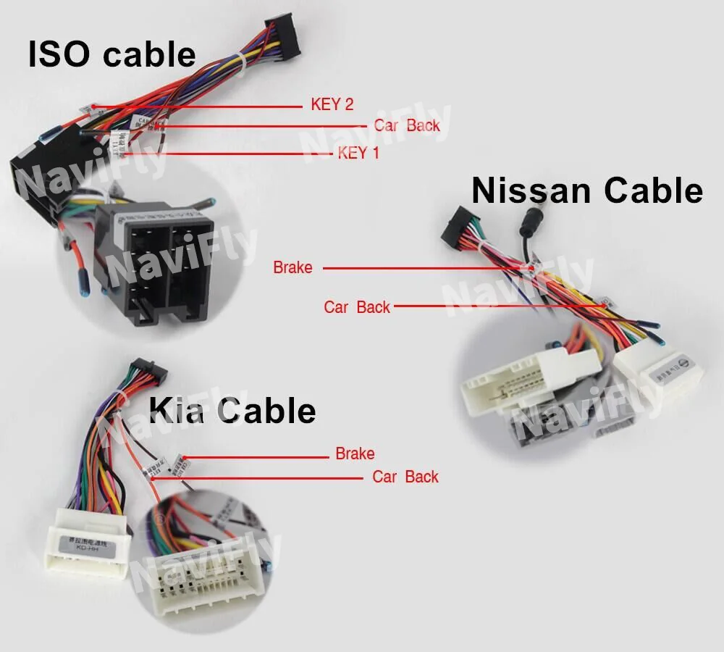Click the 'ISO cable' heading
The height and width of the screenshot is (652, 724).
tap(111, 55)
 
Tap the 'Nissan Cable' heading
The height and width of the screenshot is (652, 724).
tap(586, 191)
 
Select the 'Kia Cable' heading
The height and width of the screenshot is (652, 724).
tap(232, 411)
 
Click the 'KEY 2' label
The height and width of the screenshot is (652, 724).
tap(332, 104)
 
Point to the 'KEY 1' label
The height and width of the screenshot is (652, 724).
tap(358, 153)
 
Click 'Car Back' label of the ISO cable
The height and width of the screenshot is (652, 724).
tap(407, 125)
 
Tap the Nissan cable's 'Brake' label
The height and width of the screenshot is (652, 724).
tap(292, 267)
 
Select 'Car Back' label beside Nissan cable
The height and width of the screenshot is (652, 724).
tap(357, 307)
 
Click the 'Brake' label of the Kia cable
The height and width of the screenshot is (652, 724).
tap(355, 454)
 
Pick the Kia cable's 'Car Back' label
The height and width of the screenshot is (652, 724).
tap(405, 477)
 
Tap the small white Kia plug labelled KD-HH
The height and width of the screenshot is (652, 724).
tap(88, 548)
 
